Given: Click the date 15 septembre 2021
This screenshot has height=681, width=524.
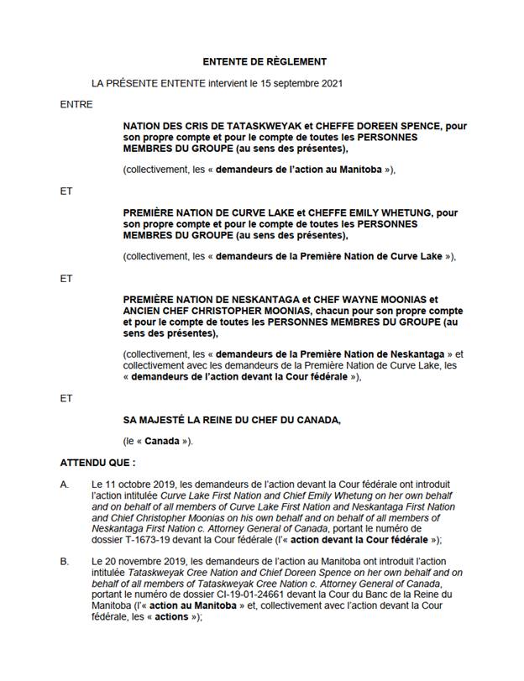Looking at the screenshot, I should coord(303,83).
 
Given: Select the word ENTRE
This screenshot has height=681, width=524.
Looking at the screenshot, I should coord(76,105).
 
